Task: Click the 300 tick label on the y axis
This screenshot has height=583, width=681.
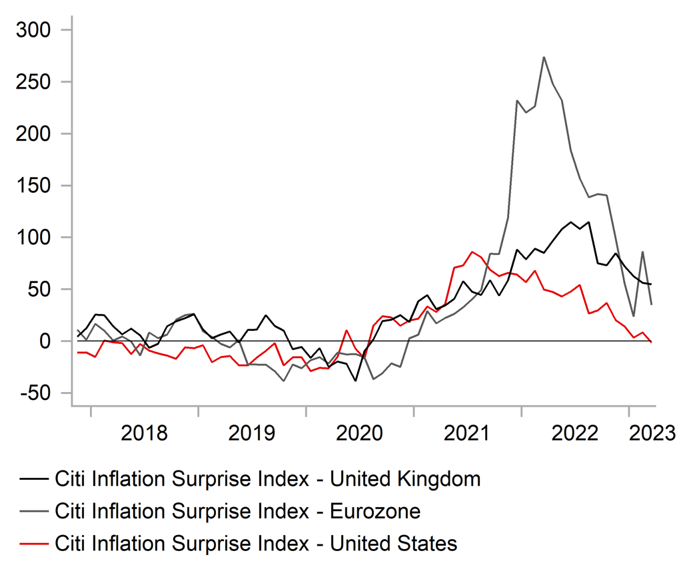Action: tap(39, 31)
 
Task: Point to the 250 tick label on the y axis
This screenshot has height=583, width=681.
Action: tap(39, 83)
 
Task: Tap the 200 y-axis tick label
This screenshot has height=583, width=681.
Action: tap(39, 134)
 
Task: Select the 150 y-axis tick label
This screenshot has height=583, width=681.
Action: tap(39, 186)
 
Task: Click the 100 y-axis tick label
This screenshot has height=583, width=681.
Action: tap(39, 238)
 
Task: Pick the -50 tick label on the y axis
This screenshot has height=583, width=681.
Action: tap(37, 393)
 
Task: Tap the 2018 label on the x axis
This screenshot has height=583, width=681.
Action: tap(145, 433)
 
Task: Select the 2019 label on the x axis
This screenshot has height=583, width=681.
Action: tap(252, 433)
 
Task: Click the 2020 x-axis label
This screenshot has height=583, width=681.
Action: tap(360, 433)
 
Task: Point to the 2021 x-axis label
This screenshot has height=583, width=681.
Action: tap(467, 433)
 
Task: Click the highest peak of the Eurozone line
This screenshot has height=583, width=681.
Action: tap(544, 57)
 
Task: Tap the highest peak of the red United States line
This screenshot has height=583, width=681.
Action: tap(472, 252)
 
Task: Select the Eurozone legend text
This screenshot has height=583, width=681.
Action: tap(238, 511)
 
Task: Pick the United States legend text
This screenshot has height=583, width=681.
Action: tap(256, 544)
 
